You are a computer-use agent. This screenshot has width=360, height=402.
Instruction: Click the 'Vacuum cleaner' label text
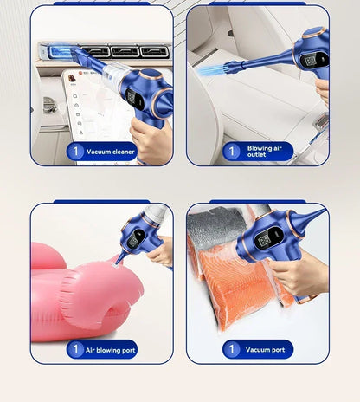click(x=111, y=152)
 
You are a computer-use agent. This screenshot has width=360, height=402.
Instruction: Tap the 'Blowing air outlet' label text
click(x=264, y=152)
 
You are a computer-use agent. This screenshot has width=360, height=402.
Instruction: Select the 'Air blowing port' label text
click(x=110, y=350)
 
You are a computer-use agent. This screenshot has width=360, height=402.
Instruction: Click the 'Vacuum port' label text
click(x=265, y=350)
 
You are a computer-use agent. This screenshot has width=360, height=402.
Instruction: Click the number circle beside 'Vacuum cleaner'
click(x=76, y=152)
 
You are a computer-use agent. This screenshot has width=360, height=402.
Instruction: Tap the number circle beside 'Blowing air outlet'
click(x=231, y=152)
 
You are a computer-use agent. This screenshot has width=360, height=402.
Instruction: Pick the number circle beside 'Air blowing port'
click(x=76, y=350)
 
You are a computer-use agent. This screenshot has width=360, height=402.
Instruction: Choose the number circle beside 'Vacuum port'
click(x=231, y=350)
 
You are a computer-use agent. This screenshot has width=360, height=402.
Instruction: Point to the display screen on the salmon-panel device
click(x=268, y=237)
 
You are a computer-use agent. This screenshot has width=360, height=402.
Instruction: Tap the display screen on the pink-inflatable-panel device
click(x=136, y=237)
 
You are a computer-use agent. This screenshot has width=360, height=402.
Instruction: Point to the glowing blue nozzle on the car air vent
click(x=65, y=52)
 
